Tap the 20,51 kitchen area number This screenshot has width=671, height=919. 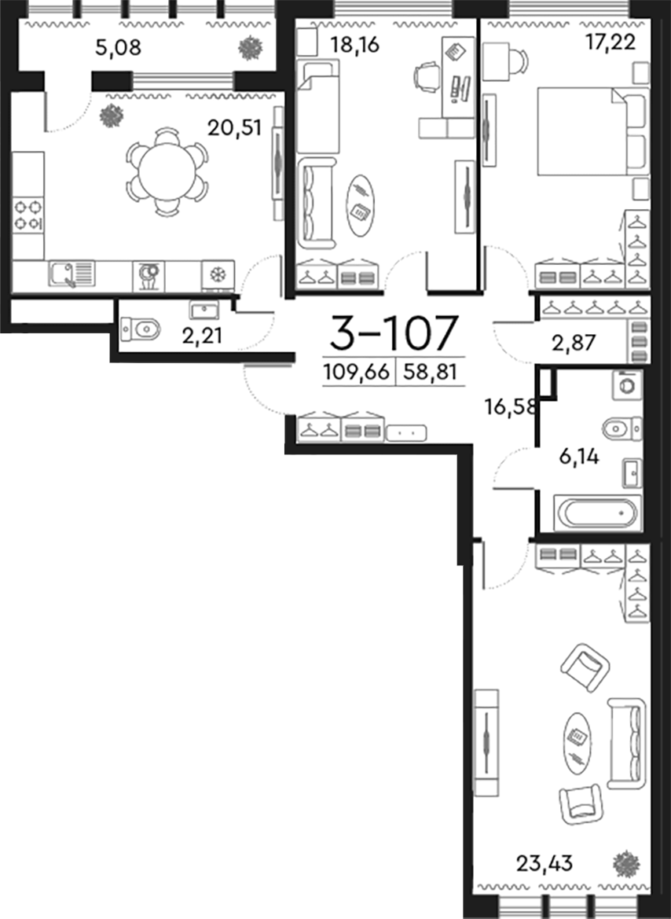233,127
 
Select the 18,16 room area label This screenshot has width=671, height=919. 354,45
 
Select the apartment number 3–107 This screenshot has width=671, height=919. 393,333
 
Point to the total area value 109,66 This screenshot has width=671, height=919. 356,372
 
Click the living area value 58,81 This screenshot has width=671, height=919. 430,372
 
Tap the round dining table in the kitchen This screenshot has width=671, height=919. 167,172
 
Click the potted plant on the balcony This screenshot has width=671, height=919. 251,48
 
